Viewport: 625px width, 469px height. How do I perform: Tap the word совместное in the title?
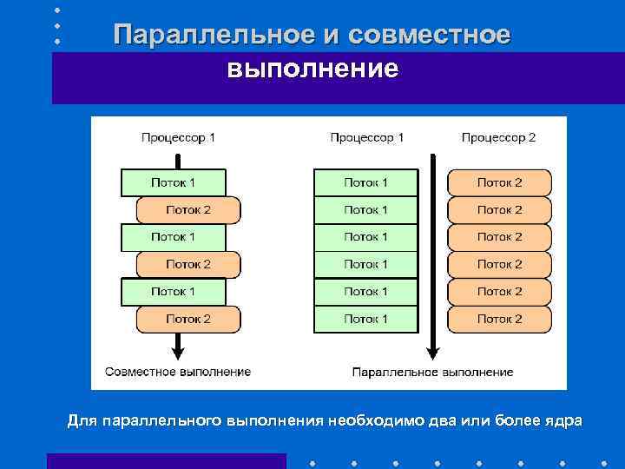[428, 35]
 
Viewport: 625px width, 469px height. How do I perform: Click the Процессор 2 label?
[498, 137]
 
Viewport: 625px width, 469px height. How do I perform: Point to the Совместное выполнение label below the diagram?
[178, 372]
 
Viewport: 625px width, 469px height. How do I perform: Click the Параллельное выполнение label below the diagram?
[432, 372]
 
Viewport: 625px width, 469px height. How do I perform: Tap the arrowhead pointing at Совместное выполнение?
[178, 352]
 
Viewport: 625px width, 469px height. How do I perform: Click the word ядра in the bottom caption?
[564, 421]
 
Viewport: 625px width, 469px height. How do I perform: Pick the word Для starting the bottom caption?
[83, 421]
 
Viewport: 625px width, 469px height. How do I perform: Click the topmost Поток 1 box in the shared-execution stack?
[173, 182]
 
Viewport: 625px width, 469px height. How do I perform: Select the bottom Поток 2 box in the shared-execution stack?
[188, 319]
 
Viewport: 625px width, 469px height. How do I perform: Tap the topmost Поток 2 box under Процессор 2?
[499, 182]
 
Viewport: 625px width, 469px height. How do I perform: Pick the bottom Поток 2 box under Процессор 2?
[499, 319]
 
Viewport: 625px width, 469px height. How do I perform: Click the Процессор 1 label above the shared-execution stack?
[178, 137]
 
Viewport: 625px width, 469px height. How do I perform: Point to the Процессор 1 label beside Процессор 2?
[366, 137]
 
